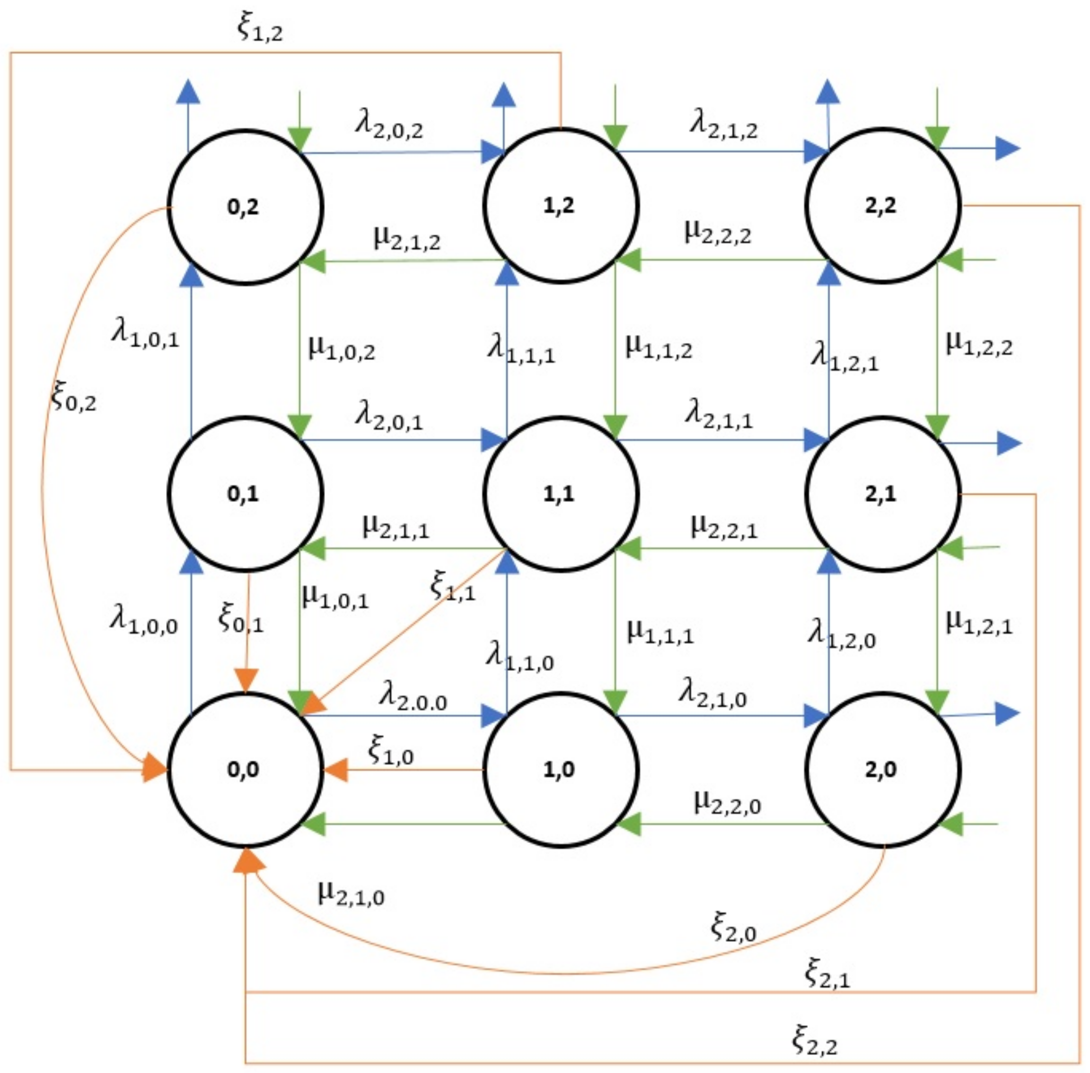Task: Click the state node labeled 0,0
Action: click(245, 769)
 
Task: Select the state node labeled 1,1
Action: click(560, 493)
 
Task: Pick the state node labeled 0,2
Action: click(245, 207)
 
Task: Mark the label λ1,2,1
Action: click(844, 357)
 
